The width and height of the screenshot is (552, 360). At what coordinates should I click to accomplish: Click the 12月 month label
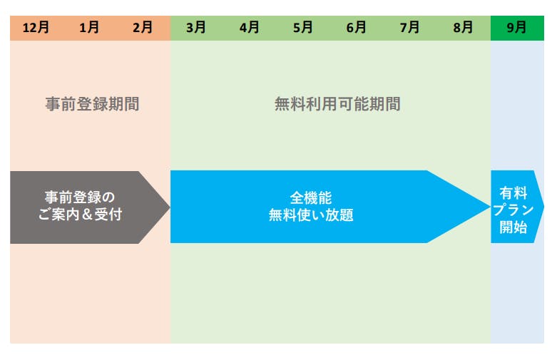(x=36, y=28)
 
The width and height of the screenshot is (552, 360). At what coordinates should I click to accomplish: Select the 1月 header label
(x=89, y=28)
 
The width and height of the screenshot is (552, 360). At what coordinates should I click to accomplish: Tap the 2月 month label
(x=143, y=28)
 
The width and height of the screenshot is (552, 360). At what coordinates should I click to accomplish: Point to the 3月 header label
(x=195, y=28)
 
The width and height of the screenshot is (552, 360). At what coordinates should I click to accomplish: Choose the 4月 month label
(x=249, y=28)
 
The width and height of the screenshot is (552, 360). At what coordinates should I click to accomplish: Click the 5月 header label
(x=303, y=28)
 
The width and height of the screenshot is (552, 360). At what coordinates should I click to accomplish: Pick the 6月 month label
(x=357, y=28)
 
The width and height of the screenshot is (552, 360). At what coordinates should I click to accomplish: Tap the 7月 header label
(x=410, y=28)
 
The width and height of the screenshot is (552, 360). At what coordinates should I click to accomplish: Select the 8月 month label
(x=463, y=28)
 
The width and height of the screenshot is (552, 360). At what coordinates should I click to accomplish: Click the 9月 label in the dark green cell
(x=517, y=28)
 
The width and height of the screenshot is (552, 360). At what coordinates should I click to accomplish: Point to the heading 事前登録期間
(x=92, y=104)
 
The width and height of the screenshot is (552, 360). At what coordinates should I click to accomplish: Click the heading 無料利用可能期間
(x=337, y=104)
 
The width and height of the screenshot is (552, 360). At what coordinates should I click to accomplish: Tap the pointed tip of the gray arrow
(x=170, y=207)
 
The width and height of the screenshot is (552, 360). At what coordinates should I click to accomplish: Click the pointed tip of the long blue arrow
(x=490, y=207)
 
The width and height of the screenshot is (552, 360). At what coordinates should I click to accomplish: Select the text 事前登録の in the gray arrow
(x=80, y=197)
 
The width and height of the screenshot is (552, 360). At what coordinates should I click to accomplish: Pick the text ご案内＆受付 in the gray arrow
(x=81, y=215)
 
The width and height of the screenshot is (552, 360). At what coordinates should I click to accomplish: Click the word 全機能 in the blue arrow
(x=311, y=198)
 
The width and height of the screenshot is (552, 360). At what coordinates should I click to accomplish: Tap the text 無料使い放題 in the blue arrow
(x=311, y=215)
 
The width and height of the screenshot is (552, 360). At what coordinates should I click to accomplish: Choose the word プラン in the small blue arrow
(x=513, y=210)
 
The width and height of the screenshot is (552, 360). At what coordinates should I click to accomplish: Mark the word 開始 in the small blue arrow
(x=513, y=227)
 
